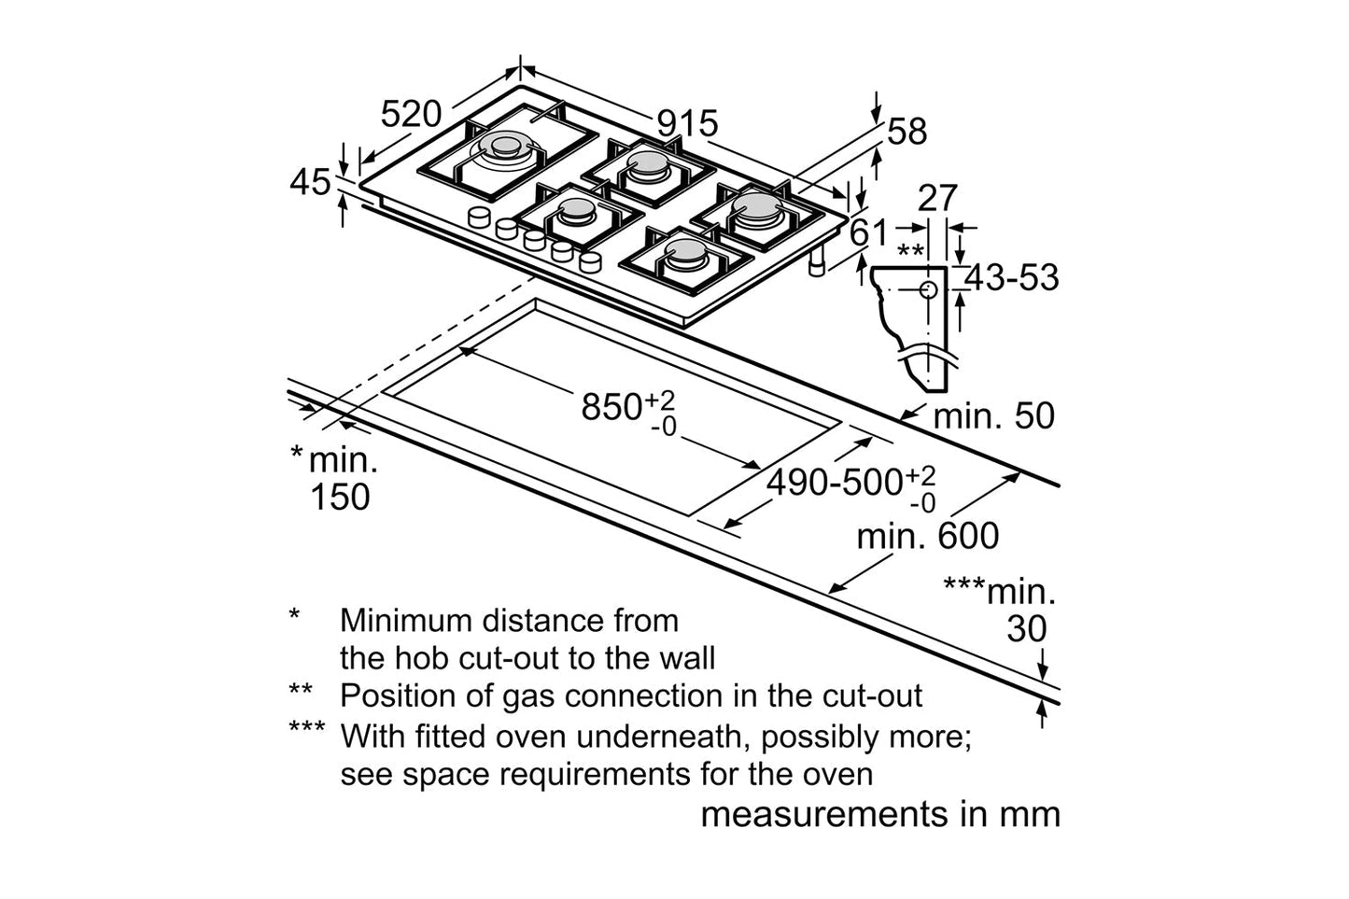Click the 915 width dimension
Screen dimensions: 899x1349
687,123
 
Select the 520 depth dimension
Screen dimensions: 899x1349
411,114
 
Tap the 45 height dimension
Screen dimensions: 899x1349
310,181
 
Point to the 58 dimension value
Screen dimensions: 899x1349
906,132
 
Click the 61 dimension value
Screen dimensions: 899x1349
870,232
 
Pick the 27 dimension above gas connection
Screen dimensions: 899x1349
937,198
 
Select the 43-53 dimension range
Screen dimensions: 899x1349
1012,277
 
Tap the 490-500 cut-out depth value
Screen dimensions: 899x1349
835,483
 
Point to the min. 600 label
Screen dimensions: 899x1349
928,536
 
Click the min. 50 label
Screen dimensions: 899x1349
993,415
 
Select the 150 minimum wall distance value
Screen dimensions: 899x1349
340,497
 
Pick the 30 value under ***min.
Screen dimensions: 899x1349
1026,629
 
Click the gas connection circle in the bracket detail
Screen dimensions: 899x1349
928,289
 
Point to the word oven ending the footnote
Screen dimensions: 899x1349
839,774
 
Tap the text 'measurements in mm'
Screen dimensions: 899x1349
880,814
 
